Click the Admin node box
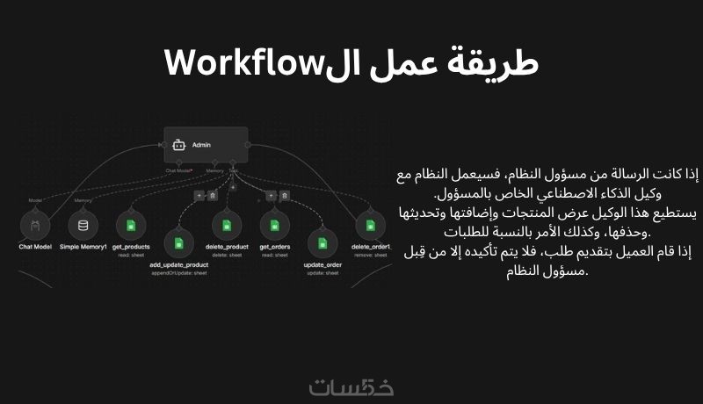point(206,144)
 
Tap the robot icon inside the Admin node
point(179,144)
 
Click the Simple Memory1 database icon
point(83,226)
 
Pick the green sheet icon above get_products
point(130,226)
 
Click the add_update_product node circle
point(178,243)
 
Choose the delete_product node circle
point(226,226)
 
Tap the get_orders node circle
point(274,226)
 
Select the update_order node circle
point(323,243)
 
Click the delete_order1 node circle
point(370,226)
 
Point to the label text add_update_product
point(178,264)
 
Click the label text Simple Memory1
point(83,248)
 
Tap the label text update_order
point(323,264)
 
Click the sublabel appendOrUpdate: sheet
point(178,273)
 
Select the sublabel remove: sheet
point(370,256)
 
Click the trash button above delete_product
point(213,195)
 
